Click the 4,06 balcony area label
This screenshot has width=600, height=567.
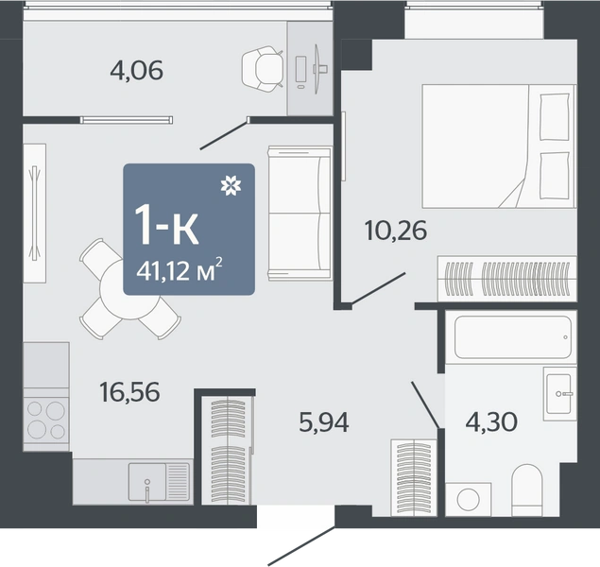click(x=137, y=70)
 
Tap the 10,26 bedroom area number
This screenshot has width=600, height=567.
click(x=396, y=231)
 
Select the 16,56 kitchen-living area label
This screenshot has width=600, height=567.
click(x=129, y=392)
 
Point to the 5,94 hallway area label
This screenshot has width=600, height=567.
click(x=324, y=422)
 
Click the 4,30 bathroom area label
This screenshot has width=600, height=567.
click(x=491, y=421)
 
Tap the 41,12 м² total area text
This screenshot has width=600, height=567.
click(x=180, y=269)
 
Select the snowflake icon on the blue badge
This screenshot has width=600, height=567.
click(x=231, y=185)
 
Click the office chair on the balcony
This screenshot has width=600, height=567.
click(x=263, y=69)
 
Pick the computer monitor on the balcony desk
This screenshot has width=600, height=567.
click(x=317, y=69)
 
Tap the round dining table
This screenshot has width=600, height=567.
click(x=129, y=289)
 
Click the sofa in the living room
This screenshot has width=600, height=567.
click(x=300, y=214)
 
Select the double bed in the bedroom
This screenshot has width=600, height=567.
click(x=499, y=146)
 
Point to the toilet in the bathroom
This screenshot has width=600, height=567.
click(x=527, y=490)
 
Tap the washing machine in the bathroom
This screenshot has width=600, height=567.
click(x=469, y=499)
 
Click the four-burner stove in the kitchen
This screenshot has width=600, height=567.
click(x=46, y=420)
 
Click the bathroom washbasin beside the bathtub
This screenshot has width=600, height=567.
click(x=559, y=394)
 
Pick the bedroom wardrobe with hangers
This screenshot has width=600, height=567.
click(x=507, y=278)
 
